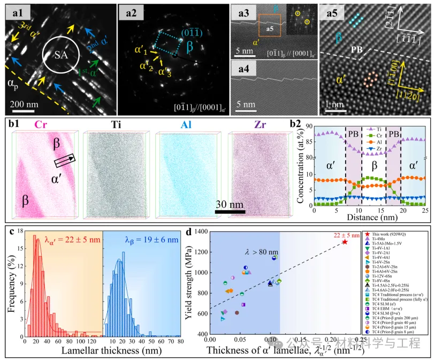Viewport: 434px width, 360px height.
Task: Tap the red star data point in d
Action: (x=345, y=242)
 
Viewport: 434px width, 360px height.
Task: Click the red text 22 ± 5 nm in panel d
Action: (x=351, y=234)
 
